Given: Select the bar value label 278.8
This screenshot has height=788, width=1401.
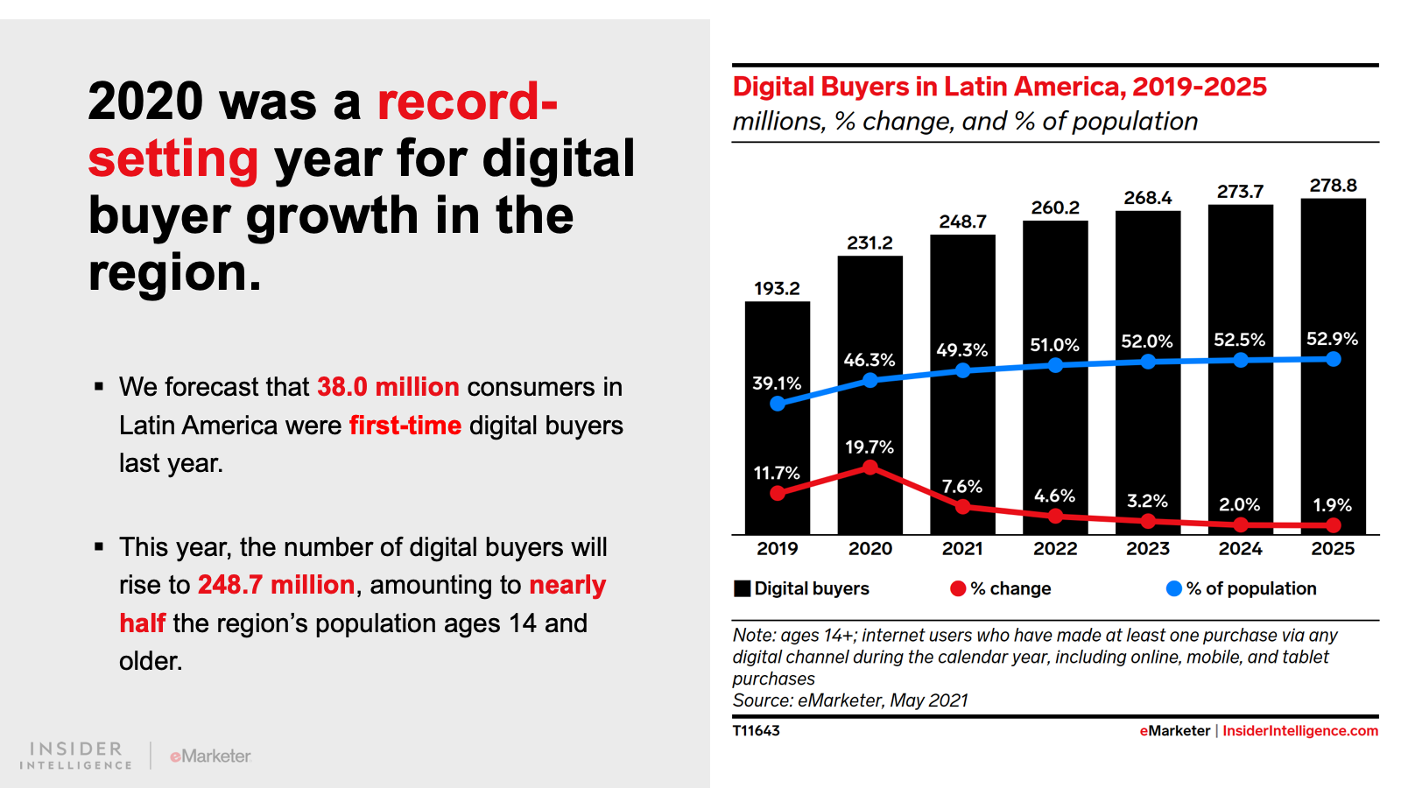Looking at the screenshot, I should (1333, 186).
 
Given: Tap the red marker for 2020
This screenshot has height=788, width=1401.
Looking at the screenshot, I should (870, 468).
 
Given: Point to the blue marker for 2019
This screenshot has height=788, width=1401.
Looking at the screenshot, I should (778, 404).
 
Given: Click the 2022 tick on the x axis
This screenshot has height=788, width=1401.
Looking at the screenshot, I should (1055, 549).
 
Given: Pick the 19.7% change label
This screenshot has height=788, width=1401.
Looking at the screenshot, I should (869, 447).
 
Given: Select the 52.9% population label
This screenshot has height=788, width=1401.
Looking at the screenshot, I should (1332, 339).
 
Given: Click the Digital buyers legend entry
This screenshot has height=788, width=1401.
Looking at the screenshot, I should (802, 588).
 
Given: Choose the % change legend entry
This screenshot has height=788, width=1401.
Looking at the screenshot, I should (1001, 588).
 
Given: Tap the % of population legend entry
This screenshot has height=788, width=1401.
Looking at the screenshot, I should (1242, 588).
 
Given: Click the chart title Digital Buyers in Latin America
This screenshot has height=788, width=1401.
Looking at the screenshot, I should (999, 87).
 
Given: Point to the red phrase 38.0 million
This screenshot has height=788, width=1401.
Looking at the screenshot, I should (388, 387).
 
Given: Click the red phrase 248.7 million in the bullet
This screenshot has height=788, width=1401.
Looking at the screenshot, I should (276, 585).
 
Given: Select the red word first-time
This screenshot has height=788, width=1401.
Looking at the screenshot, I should (405, 426).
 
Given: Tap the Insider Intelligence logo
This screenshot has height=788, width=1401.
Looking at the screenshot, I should (76, 756).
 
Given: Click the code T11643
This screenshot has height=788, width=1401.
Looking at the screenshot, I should (756, 731).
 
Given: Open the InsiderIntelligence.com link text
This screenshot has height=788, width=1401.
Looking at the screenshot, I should (1299, 731).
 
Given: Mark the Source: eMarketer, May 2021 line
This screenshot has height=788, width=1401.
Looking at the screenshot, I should (850, 700).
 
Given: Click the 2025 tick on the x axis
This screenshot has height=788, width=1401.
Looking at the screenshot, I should (1333, 549).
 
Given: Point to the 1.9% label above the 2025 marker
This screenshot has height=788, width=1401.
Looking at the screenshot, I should (1332, 505).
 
